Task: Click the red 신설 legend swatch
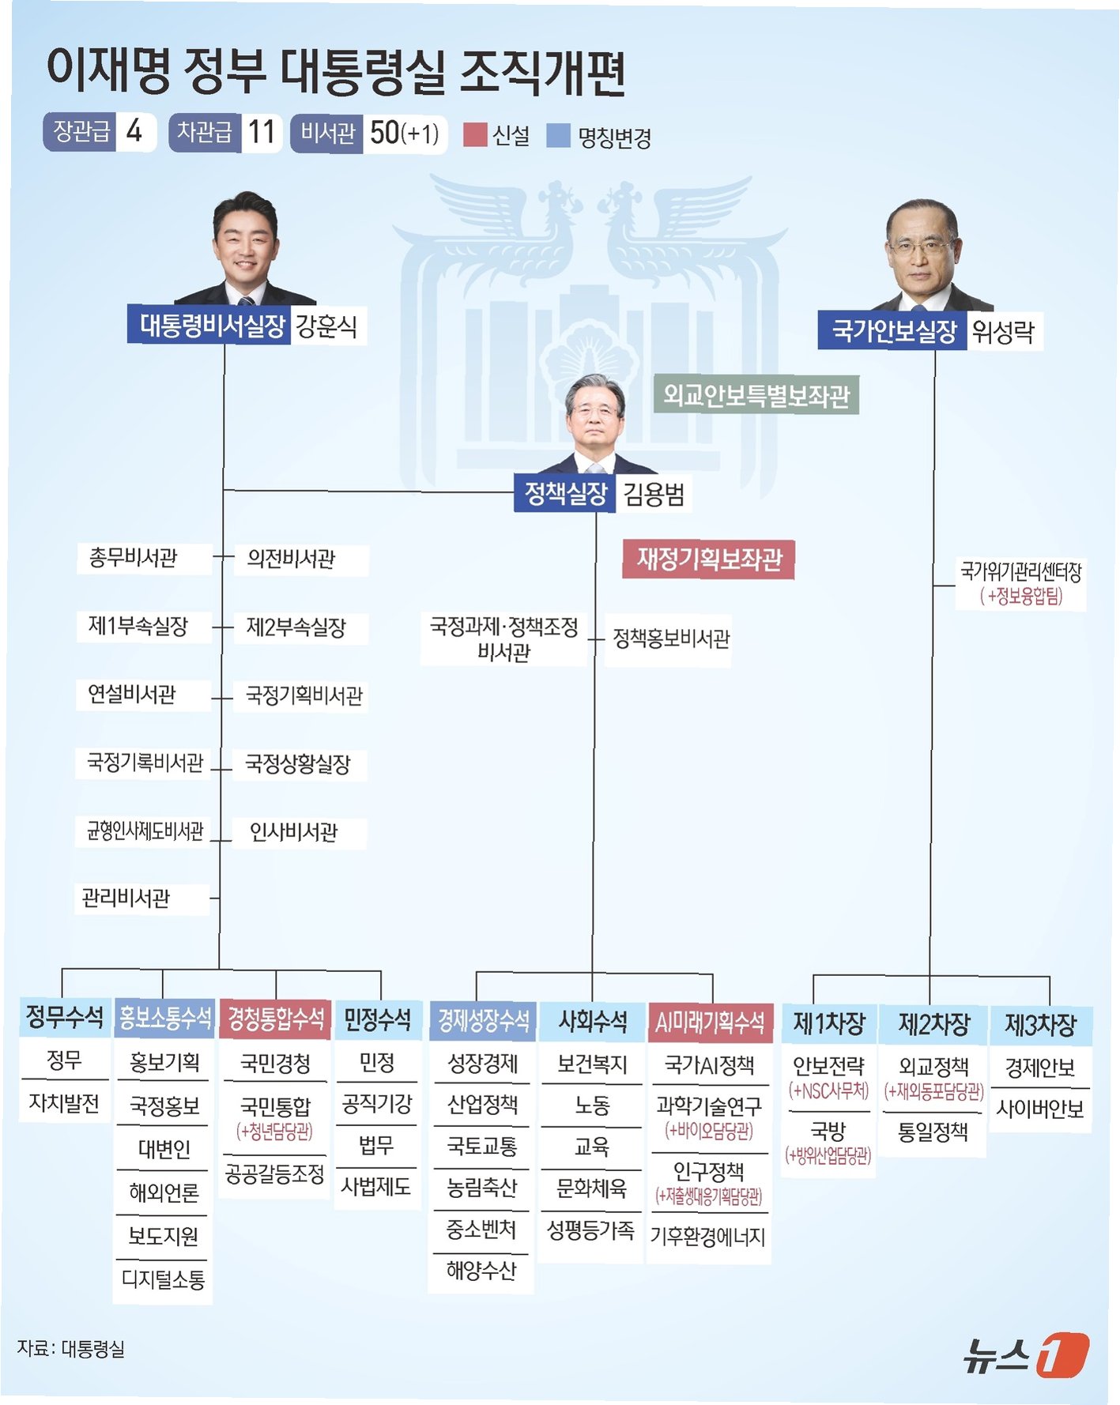point(474,135)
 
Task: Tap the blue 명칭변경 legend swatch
point(558,135)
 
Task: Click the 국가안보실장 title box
point(894,330)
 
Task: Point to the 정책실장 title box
point(565,494)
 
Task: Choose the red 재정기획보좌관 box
point(709,559)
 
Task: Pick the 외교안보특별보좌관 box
point(756,395)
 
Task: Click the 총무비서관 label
point(133,558)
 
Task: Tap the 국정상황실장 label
point(298,764)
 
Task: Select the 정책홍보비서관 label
point(671,638)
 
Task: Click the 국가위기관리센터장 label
point(1020,572)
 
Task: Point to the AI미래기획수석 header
point(710,1023)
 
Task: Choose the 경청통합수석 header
point(276,1019)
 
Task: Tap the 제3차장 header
point(1039,1025)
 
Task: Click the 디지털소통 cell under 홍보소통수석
point(164,1279)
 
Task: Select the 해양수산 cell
point(481,1271)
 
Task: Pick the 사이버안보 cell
point(1039,1109)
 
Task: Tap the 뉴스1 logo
point(1025,1354)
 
